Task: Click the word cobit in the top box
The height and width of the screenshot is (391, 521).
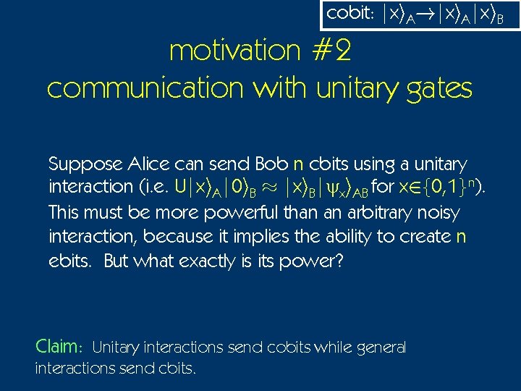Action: point(344,14)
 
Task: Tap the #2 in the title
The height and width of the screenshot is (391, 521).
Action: point(333,51)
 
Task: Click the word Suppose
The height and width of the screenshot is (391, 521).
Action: point(78,164)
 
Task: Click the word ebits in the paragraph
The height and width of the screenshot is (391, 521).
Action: point(66,261)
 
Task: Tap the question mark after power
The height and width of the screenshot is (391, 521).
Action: point(338,261)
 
